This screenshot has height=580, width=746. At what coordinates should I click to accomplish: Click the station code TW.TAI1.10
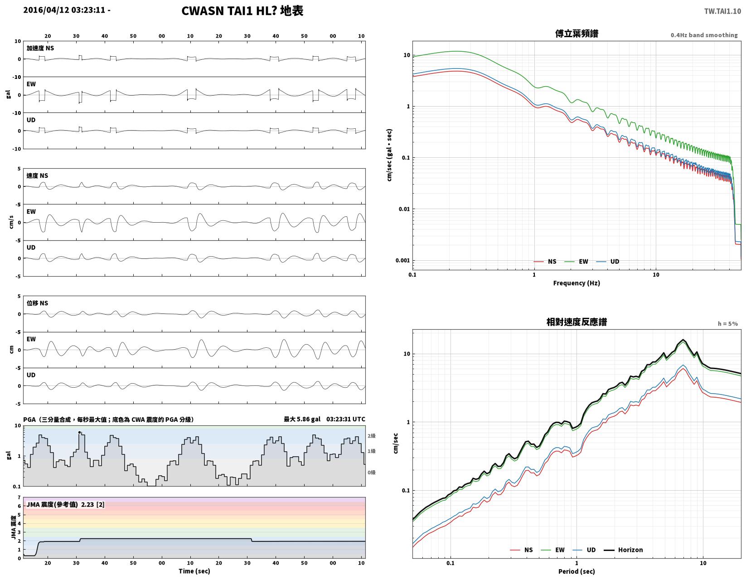point(722,11)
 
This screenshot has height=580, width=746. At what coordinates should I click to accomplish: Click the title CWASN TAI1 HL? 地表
point(242,11)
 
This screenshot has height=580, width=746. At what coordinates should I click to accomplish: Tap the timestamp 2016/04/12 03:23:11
point(64,10)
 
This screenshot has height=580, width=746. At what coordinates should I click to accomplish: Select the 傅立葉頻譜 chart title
point(576,34)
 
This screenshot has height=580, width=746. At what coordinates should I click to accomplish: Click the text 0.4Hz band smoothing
point(704,35)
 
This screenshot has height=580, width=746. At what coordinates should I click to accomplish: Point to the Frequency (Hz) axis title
point(576,283)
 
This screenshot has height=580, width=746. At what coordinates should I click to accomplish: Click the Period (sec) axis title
point(576,571)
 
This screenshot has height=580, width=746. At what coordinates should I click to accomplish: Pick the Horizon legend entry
point(623,550)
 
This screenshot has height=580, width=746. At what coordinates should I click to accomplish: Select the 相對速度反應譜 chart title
point(576,322)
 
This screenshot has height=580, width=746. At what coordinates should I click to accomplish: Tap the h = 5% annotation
point(727,324)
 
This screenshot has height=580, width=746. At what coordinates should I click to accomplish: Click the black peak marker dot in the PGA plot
point(79,432)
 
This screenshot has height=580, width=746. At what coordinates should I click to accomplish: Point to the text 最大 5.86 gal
point(302,419)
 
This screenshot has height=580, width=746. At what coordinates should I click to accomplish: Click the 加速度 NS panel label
point(40,48)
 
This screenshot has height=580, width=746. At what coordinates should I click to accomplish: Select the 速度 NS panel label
point(38,175)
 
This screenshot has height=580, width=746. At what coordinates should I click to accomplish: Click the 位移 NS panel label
point(38,303)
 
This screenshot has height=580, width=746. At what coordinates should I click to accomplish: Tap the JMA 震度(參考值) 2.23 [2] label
point(65,504)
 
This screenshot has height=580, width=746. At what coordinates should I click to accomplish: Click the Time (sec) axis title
point(194,571)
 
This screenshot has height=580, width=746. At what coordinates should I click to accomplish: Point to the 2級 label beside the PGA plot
point(372,436)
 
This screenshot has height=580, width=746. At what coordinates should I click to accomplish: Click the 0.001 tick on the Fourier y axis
point(402,260)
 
